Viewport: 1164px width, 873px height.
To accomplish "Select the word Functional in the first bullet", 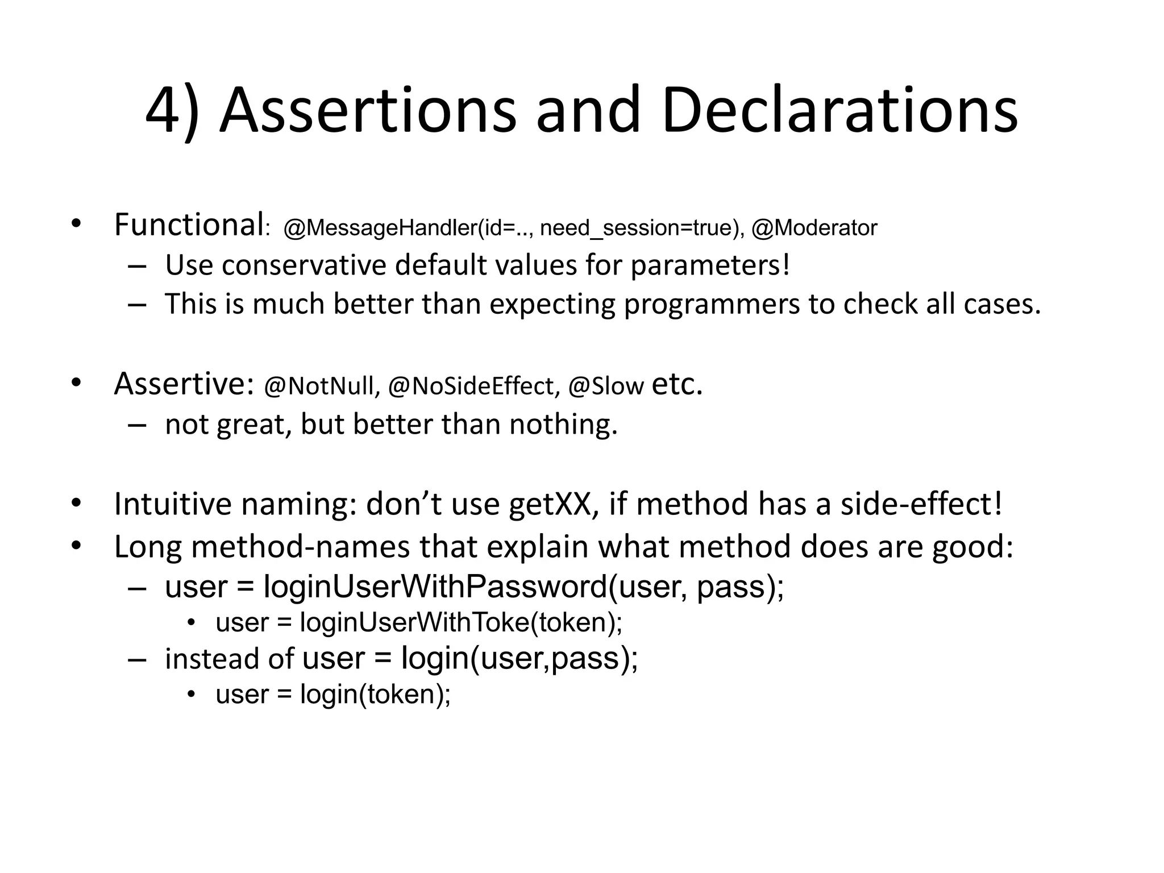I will click(188, 225).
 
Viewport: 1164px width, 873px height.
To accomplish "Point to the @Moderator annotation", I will click(814, 228).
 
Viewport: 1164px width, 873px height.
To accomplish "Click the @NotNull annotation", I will click(322, 386).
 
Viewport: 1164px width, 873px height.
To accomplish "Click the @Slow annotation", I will click(606, 386).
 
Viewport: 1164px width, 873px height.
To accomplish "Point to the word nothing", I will click(563, 424).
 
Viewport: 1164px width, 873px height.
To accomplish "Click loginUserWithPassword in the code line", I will click(435, 587).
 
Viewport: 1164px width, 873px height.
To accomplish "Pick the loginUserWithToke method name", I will click(415, 622).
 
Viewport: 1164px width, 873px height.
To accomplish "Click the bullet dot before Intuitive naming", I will click(76, 504).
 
